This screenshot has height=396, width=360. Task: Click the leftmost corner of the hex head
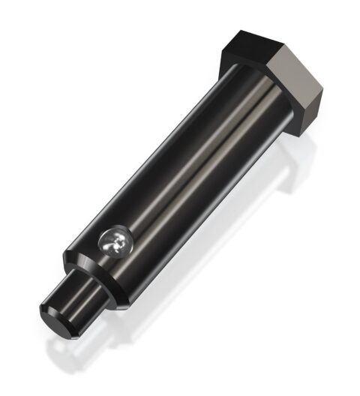coord(220,57)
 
